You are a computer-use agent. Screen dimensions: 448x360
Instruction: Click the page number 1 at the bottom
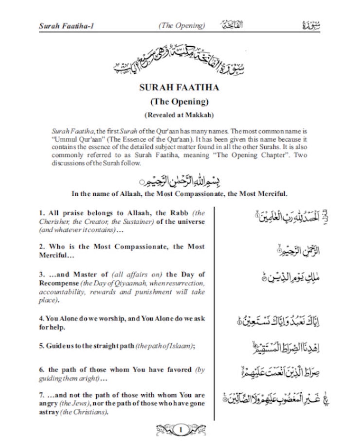tap(181, 430)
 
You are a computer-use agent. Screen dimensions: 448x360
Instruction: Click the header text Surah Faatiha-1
tap(66, 26)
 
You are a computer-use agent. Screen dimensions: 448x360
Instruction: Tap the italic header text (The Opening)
tap(182, 26)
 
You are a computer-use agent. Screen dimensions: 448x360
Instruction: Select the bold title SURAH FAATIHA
tap(179, 88)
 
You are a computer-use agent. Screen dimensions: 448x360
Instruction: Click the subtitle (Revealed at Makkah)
tap(179, 115)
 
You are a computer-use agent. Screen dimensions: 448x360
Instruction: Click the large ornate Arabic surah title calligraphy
tap(179, 60)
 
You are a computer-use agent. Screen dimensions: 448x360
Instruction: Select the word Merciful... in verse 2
tap(56, 255)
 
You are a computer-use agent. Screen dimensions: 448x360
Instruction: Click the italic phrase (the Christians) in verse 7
tap(84, 412)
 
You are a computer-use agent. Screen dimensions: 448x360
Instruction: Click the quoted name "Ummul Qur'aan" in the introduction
tap(77, 139)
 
